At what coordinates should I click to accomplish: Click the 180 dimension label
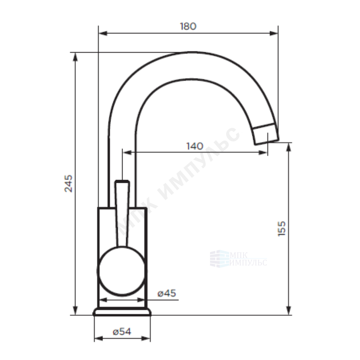188,26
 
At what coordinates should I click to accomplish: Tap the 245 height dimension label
68,184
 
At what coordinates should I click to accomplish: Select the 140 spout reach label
195,146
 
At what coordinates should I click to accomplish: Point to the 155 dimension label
282,229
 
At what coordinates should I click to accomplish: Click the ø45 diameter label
167,293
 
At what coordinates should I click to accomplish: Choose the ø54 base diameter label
122,331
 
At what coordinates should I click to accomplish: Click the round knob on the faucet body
122,271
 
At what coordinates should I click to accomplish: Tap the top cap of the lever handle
123,182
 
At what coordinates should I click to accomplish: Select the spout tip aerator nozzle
266,134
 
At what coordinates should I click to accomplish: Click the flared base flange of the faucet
122,312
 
